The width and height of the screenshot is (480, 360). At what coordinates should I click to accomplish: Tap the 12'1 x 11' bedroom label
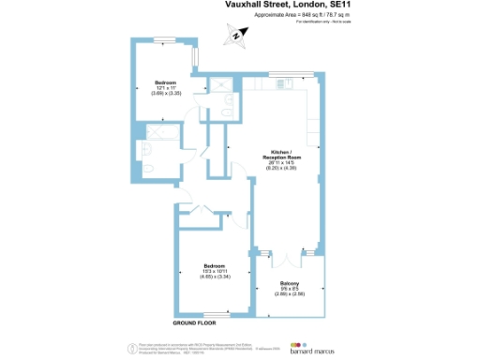point(165,89)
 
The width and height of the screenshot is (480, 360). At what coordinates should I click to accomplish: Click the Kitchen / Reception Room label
point(282,158)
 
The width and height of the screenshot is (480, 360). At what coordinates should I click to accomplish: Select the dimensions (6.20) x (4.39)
point(282,169)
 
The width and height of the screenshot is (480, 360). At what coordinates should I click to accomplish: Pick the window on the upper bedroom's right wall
point(195,57)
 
